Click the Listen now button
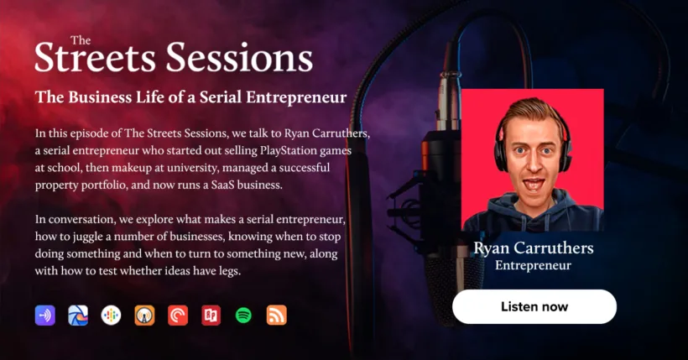[x=534, y=306]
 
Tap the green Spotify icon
[x=243, y=316]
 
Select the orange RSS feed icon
[x=276, y=316]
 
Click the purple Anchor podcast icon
[x=45, y=316]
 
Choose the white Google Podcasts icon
[x=111, y=316]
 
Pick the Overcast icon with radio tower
[x=144, y=316]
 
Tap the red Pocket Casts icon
[x=178, y=316]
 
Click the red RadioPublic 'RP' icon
[x=211, y=316]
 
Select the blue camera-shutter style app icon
[x=78, y=316]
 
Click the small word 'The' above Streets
[x=81, y=40]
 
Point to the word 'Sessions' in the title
[x=239, y=59]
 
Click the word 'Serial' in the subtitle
[x=221, y=97]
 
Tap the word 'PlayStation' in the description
[x=288, y=150]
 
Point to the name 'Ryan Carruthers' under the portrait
[x=534, y=248]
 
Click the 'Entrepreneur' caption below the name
[x=533, y=265]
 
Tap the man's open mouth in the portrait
[x=534, y=184]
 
